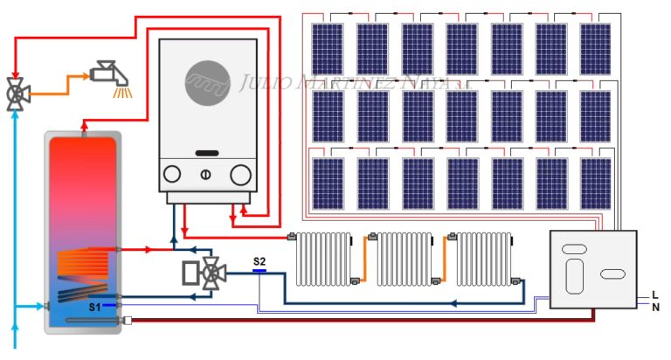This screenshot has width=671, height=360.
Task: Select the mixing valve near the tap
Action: tap(15, 93)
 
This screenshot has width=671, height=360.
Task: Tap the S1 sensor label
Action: tap(94, 307)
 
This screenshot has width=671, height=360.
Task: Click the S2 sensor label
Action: tap(259, 261)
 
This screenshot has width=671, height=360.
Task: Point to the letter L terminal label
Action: tap(655, 294)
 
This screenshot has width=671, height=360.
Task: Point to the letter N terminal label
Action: tap(655, 307)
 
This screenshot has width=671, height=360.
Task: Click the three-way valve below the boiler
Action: tap(210, 274)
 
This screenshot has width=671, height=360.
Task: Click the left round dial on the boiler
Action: tap(172, 175)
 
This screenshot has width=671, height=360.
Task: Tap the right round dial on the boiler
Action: tap(240, 175)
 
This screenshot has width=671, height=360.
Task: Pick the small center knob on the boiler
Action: tap(206, 175)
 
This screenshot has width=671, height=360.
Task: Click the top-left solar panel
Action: tap(328, 49)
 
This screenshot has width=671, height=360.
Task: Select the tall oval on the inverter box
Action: tap(573, 276)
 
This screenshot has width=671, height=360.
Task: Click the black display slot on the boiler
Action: tap(207, 153)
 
